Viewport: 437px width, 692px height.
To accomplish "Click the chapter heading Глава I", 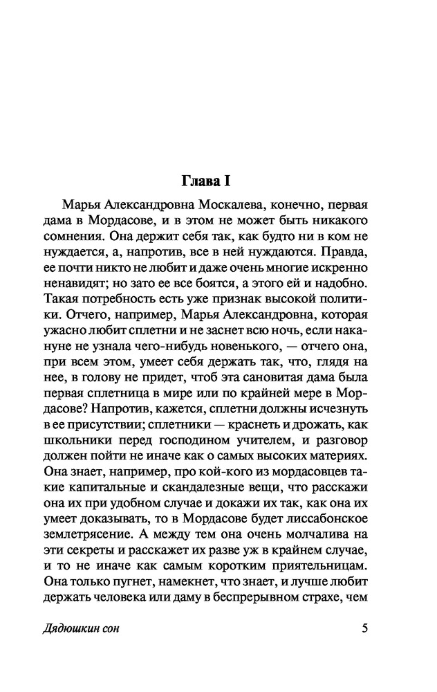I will pos(204,182).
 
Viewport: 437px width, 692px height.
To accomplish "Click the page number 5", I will pos(365,630).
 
